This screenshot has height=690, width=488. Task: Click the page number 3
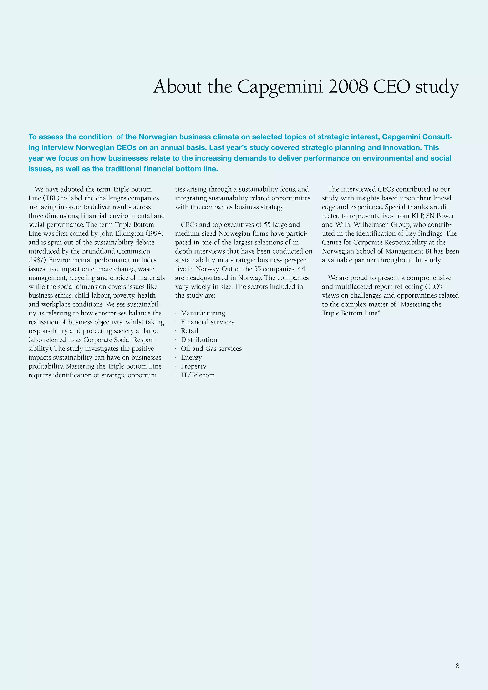click(457, 666)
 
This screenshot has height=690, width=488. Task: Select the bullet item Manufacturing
click(203, 313)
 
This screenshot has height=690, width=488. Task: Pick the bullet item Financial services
click(207, 322)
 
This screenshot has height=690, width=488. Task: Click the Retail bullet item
click(190, 331)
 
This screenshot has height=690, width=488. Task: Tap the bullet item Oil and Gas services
click(211, 349)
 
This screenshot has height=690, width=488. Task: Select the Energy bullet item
click(191, 358)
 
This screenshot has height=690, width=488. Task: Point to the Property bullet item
click(193, 366)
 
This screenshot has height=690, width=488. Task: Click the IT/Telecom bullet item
click(198, 375)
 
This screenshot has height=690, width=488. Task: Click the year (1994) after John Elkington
click(155, 233)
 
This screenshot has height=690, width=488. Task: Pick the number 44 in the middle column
click(301, 269)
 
